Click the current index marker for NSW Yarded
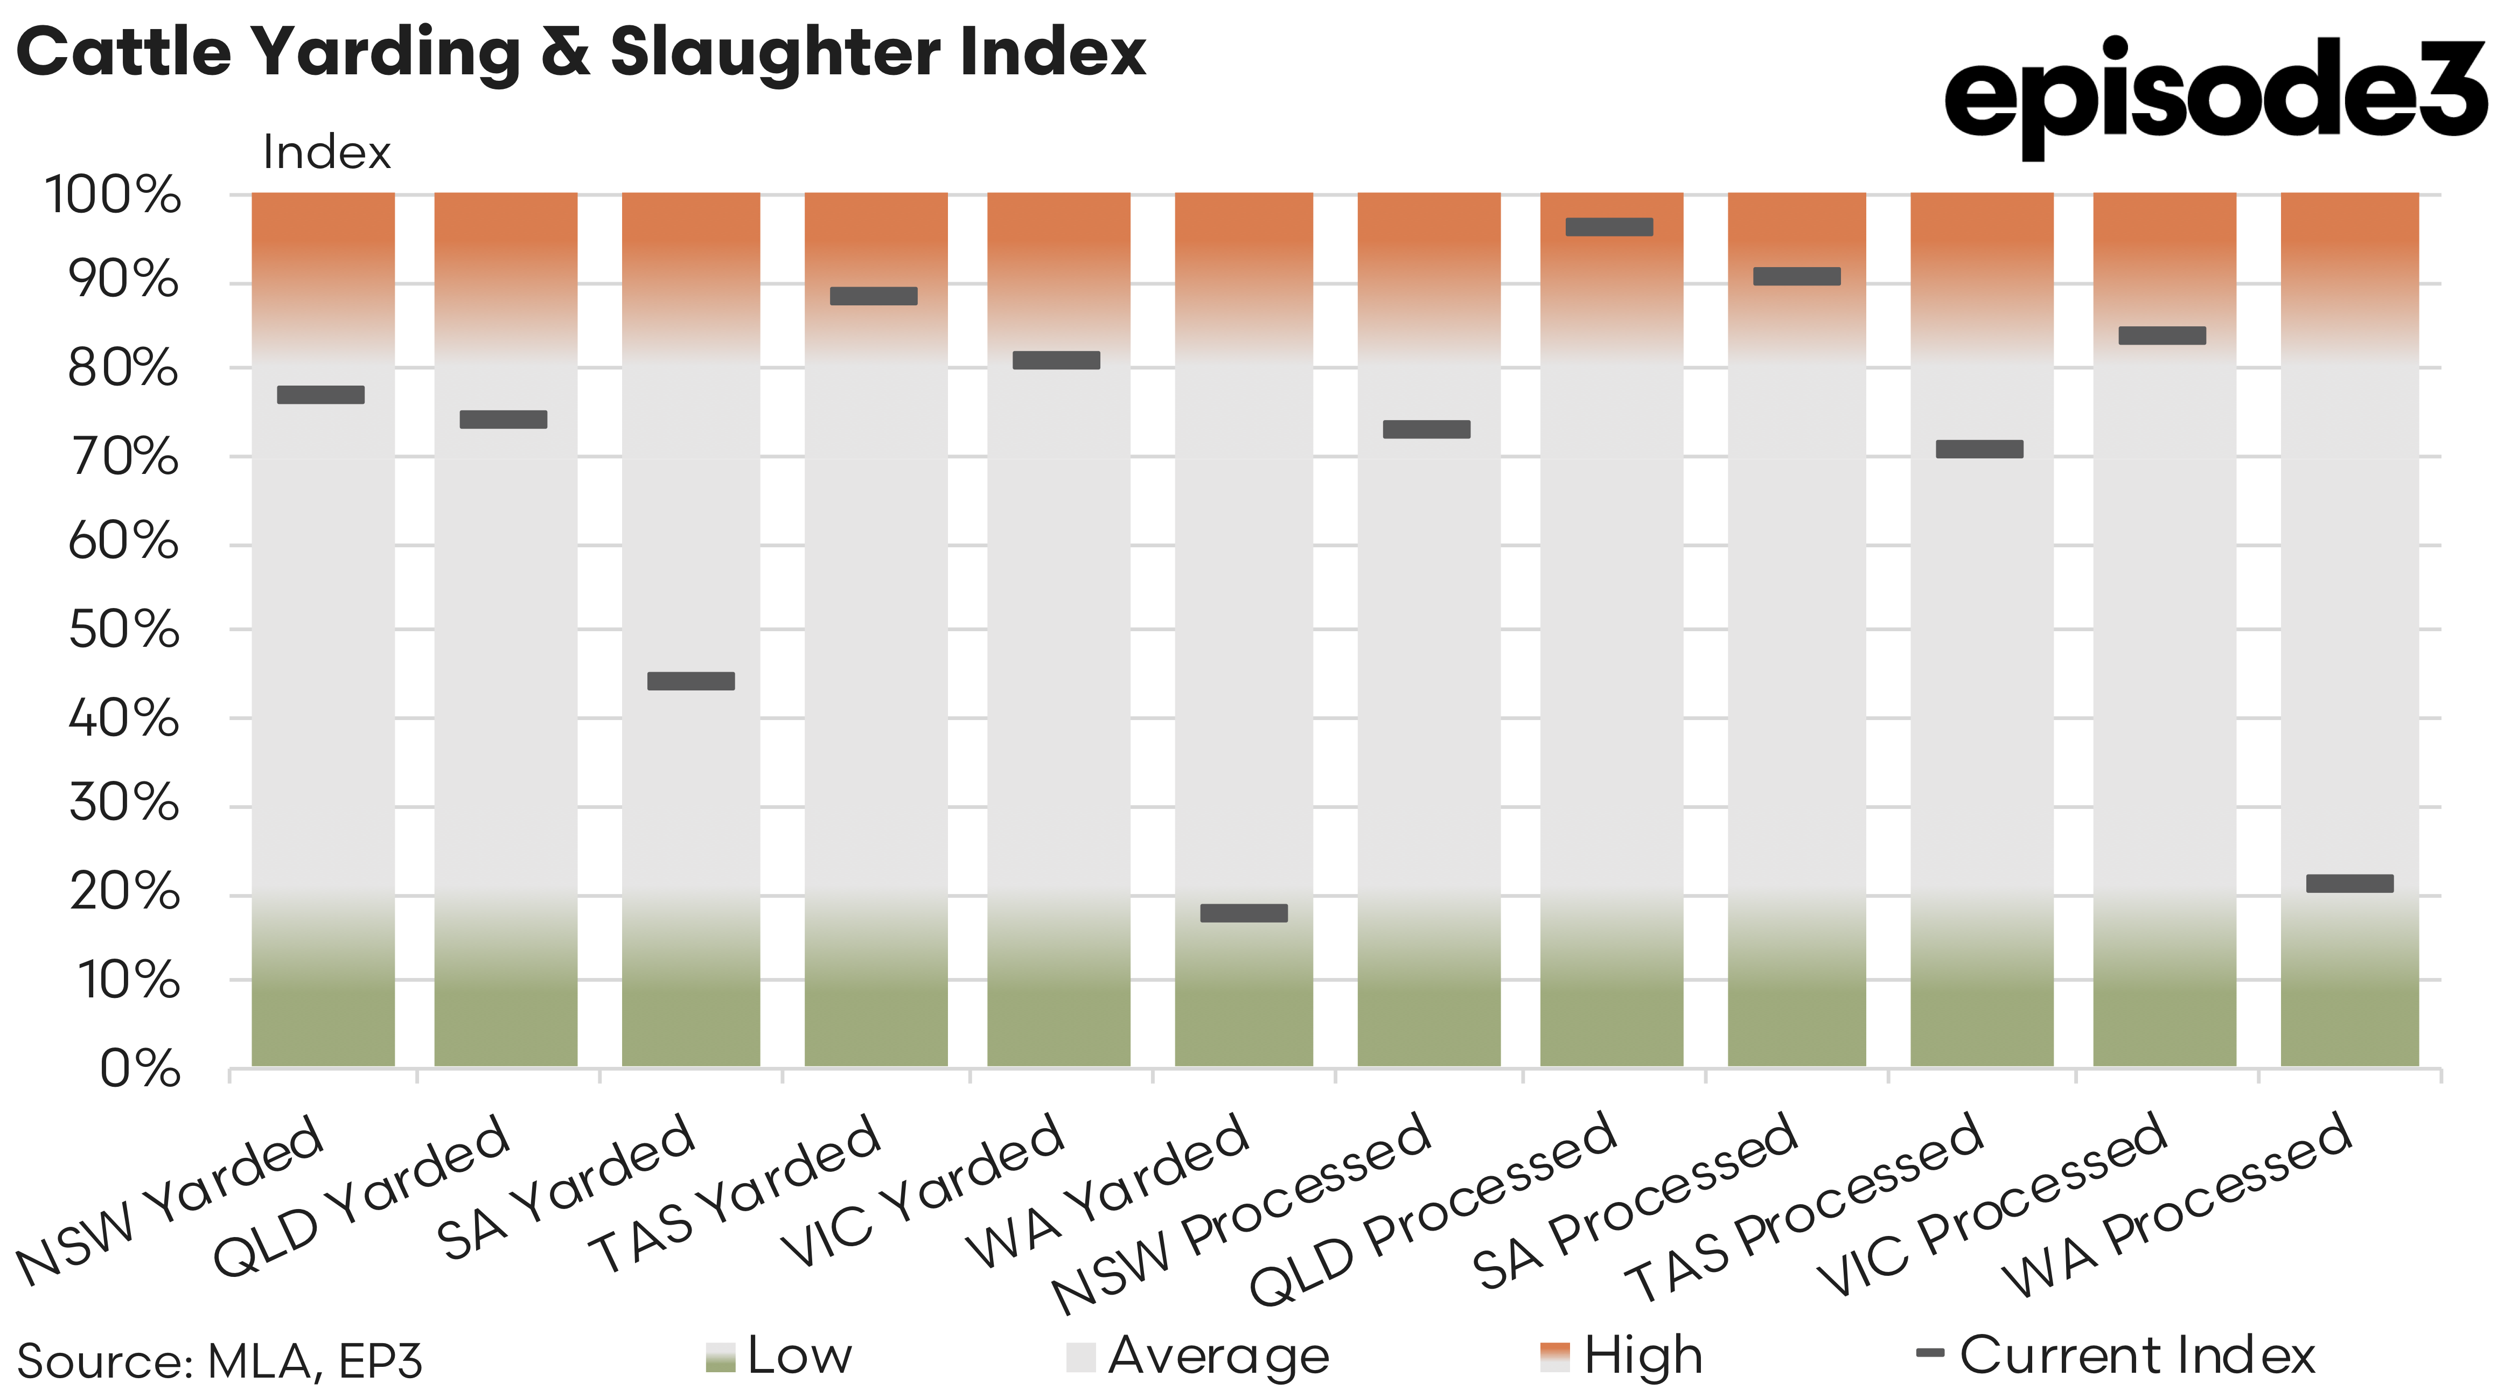pos(320,395)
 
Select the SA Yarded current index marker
pos(691,681)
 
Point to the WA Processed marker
pos(2350,884)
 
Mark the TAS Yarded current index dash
pos(874,296)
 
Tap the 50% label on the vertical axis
pos(124,631)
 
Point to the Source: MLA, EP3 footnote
pos(220,1361)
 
